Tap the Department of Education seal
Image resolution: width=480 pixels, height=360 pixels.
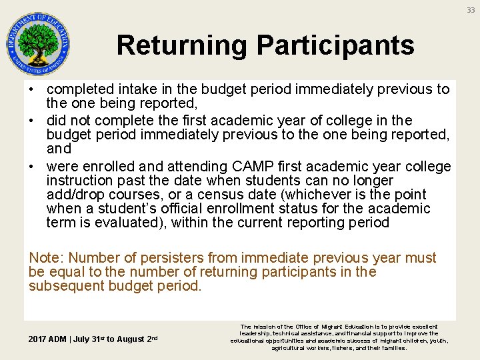click(38, 44)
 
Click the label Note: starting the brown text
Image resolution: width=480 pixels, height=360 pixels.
click(46, 258)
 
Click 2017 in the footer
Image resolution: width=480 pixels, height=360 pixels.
click(37, 339)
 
